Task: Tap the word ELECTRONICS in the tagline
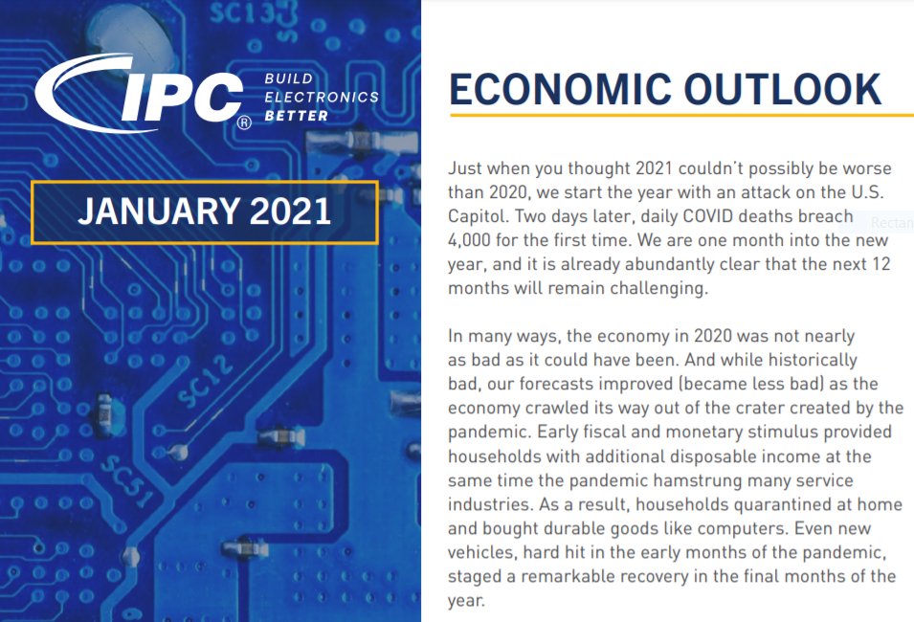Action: pyautogui.click(x=321, y=98)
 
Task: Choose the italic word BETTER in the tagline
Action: pyautogui.click(x=296, y=116)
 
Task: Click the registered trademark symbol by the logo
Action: pyautogui.click(x=244, y=122)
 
